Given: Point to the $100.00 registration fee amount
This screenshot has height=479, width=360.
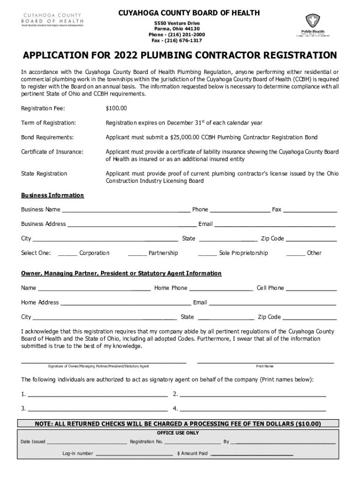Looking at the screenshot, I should click(116, 109).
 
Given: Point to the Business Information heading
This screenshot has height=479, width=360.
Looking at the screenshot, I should click(52, 195).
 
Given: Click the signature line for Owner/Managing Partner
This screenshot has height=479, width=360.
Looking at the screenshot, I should click(104, 361).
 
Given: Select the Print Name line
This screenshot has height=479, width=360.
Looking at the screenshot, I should click(265, 361).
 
